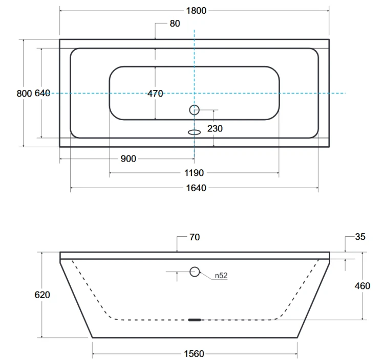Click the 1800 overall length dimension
pos(196,11)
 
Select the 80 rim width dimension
pos(175,24)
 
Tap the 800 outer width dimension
pos(24,93)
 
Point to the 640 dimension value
pos(42,93)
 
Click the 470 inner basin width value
pos(155,93)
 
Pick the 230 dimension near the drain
pos(215,129)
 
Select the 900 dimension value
pos(128,159)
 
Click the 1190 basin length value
pos(195,173)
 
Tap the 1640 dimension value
pos(196,188)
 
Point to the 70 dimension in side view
pos(194,237)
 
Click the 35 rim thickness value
pos(360,237)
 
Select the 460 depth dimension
pos(362,286)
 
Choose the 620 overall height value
pos(42,295)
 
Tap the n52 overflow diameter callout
pos(221,276)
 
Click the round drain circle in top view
pos(195,109)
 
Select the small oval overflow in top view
pos(194,131)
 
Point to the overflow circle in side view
pos(195,272)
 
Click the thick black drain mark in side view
pos(195,320)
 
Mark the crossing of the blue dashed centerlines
pos(195,93)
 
